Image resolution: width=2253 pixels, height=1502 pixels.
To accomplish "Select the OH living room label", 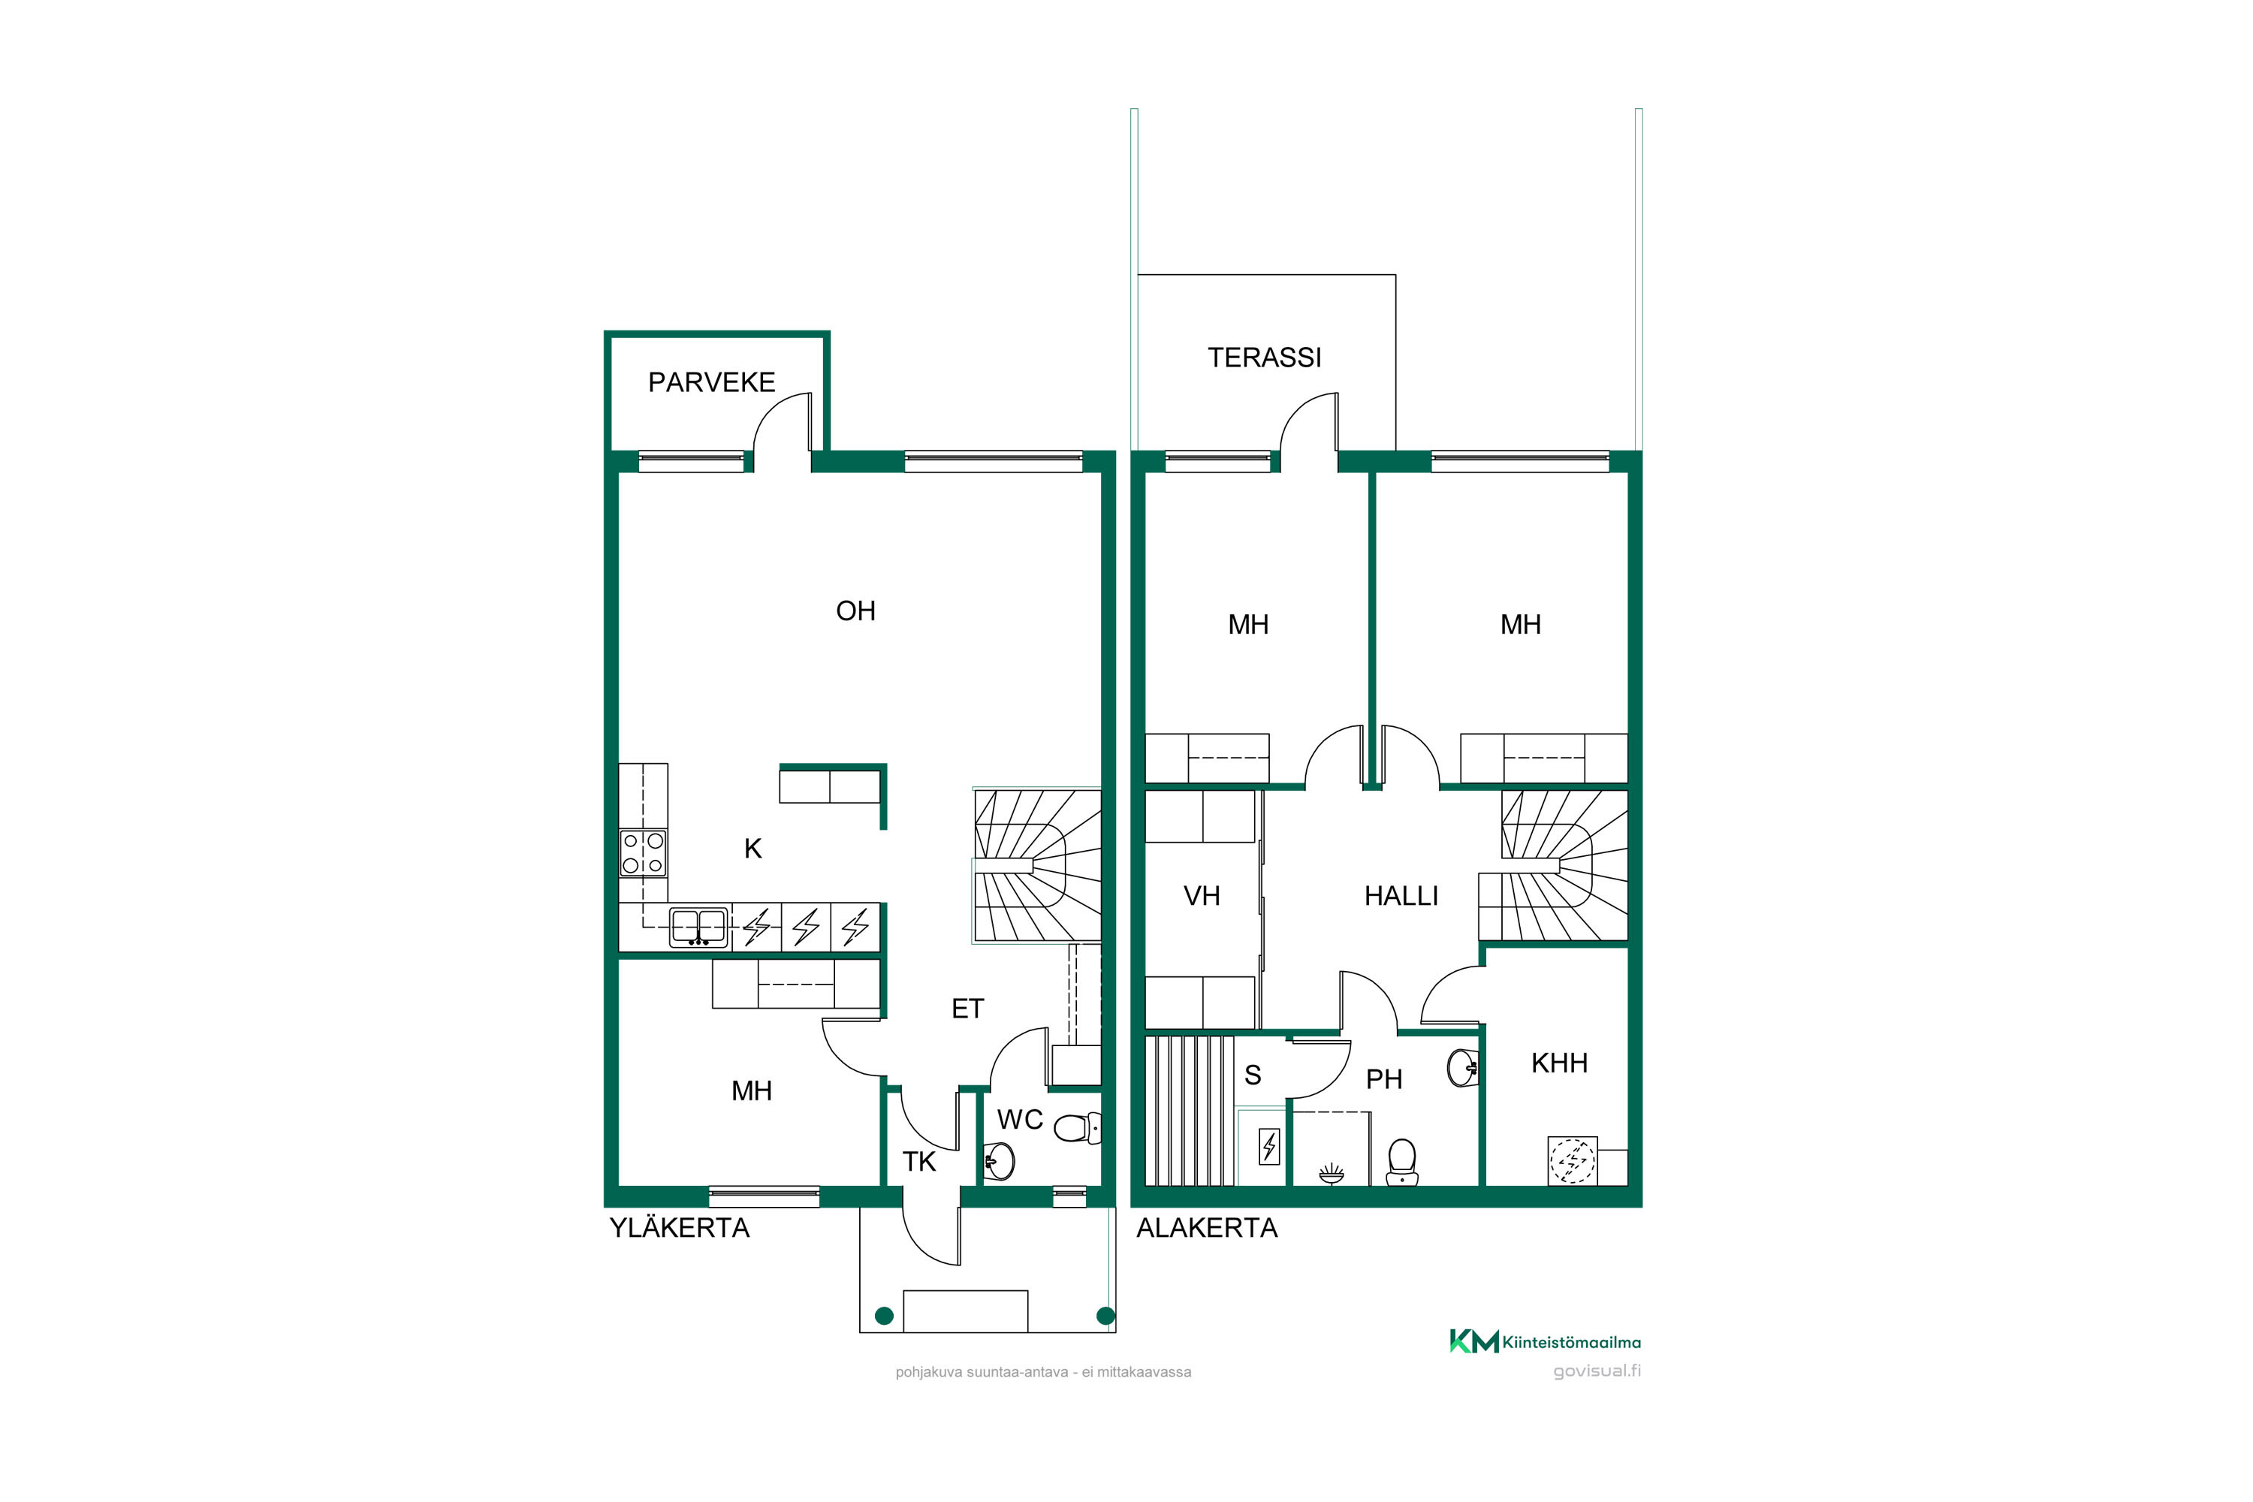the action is pyautogui.click(x=855, y=611).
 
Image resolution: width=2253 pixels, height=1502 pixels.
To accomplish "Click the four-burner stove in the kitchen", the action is pyautogui.click(x=643, y=852).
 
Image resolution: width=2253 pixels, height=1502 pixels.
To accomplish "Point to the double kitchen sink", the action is pyautogui.click(x=698, y=926).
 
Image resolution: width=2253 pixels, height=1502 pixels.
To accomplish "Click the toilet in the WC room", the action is pyautogui.click(x=1078, y=1127).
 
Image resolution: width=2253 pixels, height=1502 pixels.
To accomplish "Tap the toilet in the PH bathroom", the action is pyautogui.click(x=1402, y=1162).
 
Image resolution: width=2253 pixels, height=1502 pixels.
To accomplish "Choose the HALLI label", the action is pyautogui.click(x=1401, y=896).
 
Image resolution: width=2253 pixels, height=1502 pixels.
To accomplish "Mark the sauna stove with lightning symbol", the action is pyautogui.click(x=1269, y=1146).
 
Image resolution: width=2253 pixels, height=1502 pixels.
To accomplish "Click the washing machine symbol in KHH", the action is pyautogui.click(x=1573, y=1161).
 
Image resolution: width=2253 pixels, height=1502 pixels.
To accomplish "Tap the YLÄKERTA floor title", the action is pyautogui.click(x=679, y=1228).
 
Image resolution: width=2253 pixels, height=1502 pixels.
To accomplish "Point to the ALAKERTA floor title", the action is pyautogui.click(x=1206, y=1228).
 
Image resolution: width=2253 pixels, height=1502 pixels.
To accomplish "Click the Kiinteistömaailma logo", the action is pyautogui.click(x=1544, y=1341).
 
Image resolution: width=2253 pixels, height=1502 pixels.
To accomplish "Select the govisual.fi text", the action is pyautogui.click(x=1596, y=1371).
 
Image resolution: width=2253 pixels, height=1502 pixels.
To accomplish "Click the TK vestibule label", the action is pyautogui.click(x=918, y=1162).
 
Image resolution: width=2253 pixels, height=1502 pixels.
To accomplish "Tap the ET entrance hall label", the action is pyautogui.click(x=967, y=1009).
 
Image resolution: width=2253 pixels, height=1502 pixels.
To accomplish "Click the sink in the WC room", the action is pyautogui.click(x=999, y=1162).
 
